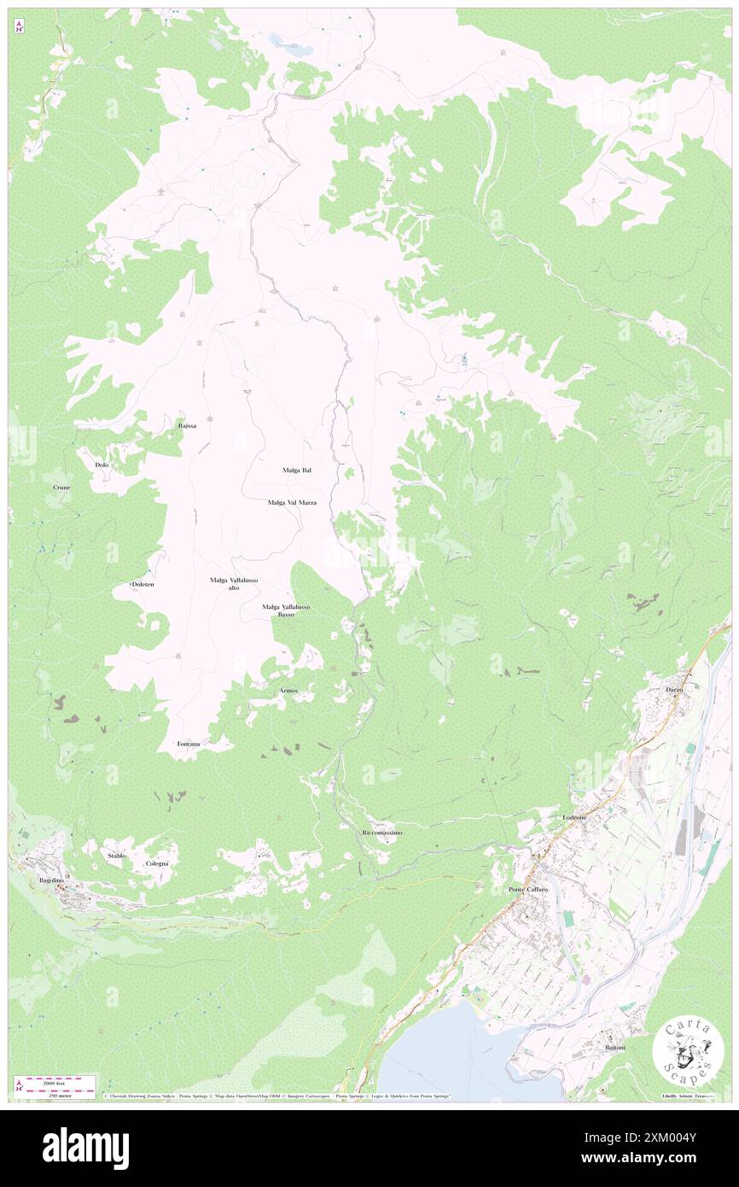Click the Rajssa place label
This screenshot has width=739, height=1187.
[187, 424]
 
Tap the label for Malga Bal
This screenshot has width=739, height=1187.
[296, 471]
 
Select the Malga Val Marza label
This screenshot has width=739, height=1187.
[292, 503]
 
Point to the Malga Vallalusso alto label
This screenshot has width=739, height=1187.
[234, 584]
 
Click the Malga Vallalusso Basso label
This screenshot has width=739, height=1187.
[286, 610]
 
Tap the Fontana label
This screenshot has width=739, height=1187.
[189, 744]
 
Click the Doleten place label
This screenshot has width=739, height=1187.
[143, 584]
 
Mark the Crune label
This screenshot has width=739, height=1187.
[61, 487]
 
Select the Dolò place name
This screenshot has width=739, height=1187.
[102, 465]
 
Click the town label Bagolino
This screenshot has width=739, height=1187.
[52, 879]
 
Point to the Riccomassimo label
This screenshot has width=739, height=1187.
[381, 832]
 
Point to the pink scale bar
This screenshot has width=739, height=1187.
[60, 1080]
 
